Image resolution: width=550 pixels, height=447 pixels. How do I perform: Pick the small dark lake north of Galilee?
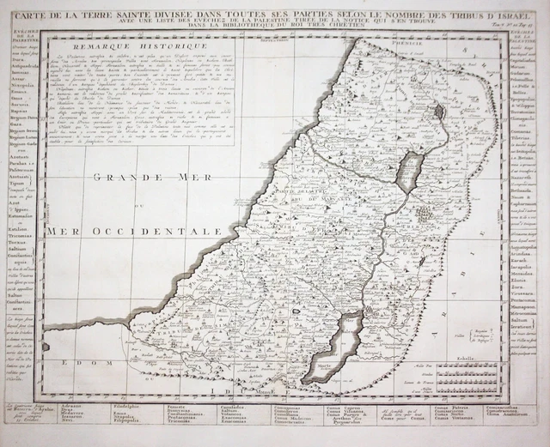(x=439, y=110)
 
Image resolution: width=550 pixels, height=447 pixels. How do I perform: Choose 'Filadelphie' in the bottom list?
(x=155, y=407)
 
